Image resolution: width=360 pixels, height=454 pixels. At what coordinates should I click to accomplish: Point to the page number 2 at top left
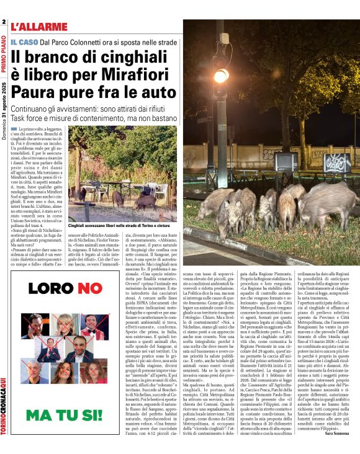click(4, 22)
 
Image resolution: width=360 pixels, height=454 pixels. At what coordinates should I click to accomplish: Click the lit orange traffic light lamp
click(220, 76)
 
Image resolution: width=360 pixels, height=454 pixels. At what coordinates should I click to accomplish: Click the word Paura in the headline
click(38, 79)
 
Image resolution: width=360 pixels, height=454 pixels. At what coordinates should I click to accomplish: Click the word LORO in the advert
click(47, 288)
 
